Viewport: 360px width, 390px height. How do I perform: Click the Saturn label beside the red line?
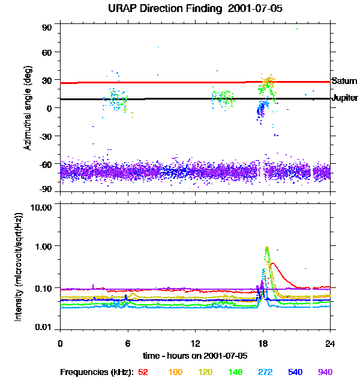click(344, 80)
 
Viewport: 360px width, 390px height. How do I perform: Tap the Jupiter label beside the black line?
click(345, 98)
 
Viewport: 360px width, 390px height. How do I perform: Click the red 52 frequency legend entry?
click(143, 372)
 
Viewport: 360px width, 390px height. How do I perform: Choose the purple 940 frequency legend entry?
click(325, 372)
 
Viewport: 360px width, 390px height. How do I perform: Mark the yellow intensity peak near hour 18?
click(266, 247)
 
